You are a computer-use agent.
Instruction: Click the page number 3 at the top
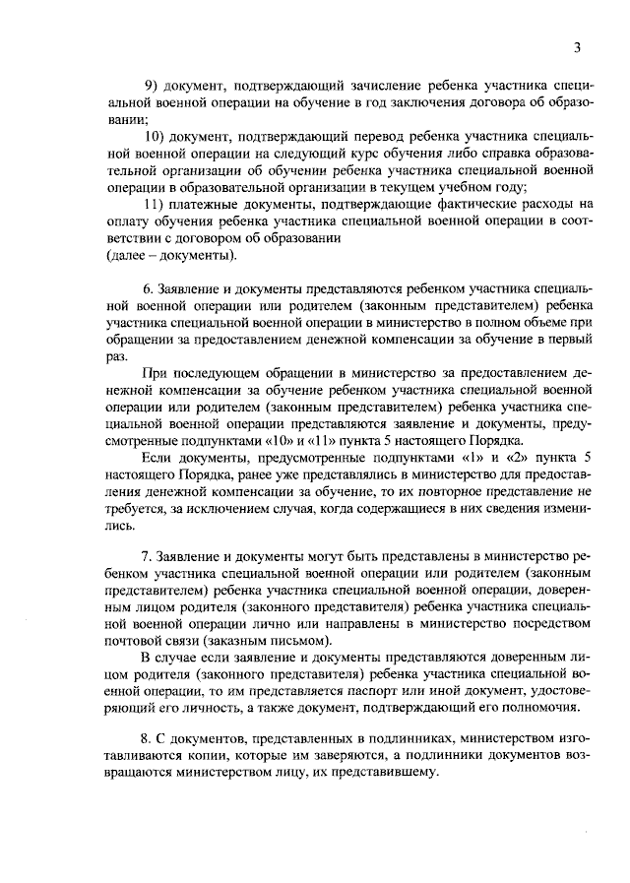(579, 47)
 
